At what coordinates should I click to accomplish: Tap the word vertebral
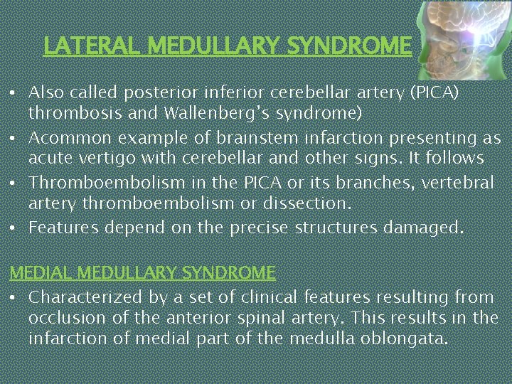[459, 183]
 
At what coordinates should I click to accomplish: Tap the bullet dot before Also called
[14, 93]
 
